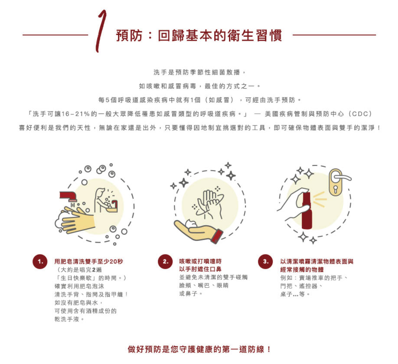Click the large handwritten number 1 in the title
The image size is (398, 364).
coord(101,31)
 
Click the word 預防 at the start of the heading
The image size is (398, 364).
coord(129,36)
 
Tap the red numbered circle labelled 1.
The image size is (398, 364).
coord(40,262)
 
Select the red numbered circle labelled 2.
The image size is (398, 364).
coord(165,262)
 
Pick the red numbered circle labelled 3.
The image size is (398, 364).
coord(265,262)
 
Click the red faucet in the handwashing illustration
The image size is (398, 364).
coord(68,196)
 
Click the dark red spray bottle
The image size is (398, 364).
coord(307,211)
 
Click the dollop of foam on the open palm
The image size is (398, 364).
coord(191,224)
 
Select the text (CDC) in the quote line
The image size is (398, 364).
coord(360,114)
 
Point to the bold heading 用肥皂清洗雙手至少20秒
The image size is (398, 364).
coord(89,262)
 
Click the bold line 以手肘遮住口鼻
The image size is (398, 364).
coord(200,270)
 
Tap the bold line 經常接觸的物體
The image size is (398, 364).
coord(302,270)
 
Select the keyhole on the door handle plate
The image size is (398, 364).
coord(336,189)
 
